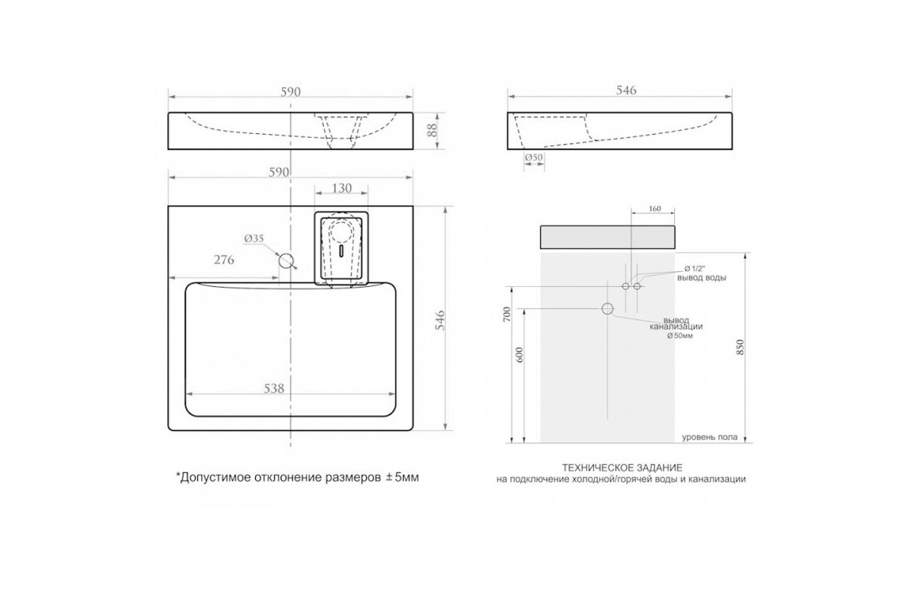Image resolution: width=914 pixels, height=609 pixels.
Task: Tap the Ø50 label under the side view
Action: click(x=534, y=157)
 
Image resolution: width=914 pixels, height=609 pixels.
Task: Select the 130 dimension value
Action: click(x=341, y=188)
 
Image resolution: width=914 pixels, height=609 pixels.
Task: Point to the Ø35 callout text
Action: click(x=254, y=238)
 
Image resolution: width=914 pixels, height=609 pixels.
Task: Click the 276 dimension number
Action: click(x=224, y=260)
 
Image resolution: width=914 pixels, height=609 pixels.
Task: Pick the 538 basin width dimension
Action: click(x=273, y=388)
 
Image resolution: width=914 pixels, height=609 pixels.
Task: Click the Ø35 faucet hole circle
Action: click(x=286, y=260)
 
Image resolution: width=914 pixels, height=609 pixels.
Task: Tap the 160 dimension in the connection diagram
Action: click(x=654, y=209)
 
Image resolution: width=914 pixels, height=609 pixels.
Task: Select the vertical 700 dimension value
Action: click(x=507, y=314)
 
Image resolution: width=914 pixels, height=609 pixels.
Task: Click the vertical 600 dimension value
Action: click(x=519, y=355)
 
